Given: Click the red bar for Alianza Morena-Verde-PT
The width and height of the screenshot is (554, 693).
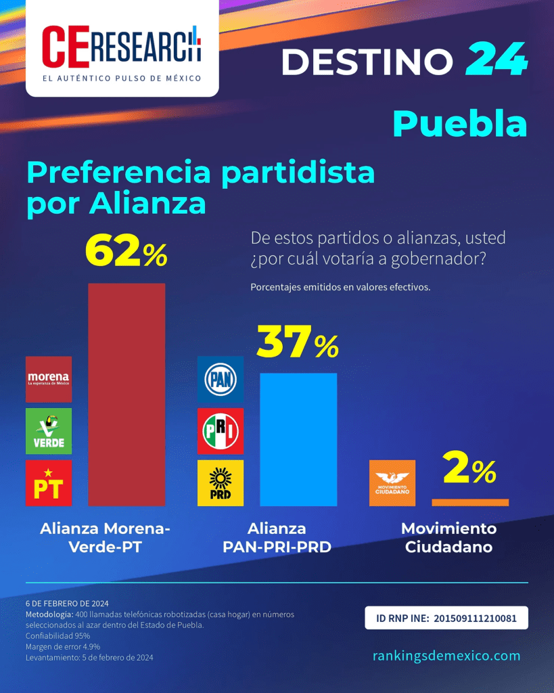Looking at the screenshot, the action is (126, 395).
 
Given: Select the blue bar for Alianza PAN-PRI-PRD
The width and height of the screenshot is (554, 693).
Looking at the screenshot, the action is (299, 439).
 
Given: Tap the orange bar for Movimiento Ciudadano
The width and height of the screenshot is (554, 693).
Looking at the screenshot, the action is (470, 503).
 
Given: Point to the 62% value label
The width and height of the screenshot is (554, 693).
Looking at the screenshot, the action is (126, 251).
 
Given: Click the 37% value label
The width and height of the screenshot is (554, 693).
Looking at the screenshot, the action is (298, 342).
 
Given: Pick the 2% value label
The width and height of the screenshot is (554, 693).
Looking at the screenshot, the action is (469, 468).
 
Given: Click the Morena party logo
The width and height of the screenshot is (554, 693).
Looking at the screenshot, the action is (49, 379).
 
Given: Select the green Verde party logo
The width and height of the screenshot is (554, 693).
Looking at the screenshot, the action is (49, 431).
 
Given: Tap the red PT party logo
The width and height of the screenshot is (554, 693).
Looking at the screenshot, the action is (49, 483).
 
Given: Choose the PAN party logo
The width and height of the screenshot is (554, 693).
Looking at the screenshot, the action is (221, 379).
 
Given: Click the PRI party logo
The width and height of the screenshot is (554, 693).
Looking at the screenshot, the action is (221, 431).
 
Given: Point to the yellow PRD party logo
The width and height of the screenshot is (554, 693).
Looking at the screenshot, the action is (221, 483).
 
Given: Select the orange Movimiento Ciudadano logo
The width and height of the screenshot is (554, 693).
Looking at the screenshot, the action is (392, 483).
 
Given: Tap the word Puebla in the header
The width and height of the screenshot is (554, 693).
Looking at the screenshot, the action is (460, 125).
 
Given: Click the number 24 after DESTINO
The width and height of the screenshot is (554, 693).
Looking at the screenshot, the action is (497, 59).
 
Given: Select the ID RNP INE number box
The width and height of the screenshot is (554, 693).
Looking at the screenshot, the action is (446, 618).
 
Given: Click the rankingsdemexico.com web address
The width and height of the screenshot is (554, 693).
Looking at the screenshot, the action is (446, 655).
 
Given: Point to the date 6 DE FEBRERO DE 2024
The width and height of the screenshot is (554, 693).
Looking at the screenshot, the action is (67, 603).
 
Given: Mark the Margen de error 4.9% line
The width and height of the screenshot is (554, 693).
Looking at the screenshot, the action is (63, 646).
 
